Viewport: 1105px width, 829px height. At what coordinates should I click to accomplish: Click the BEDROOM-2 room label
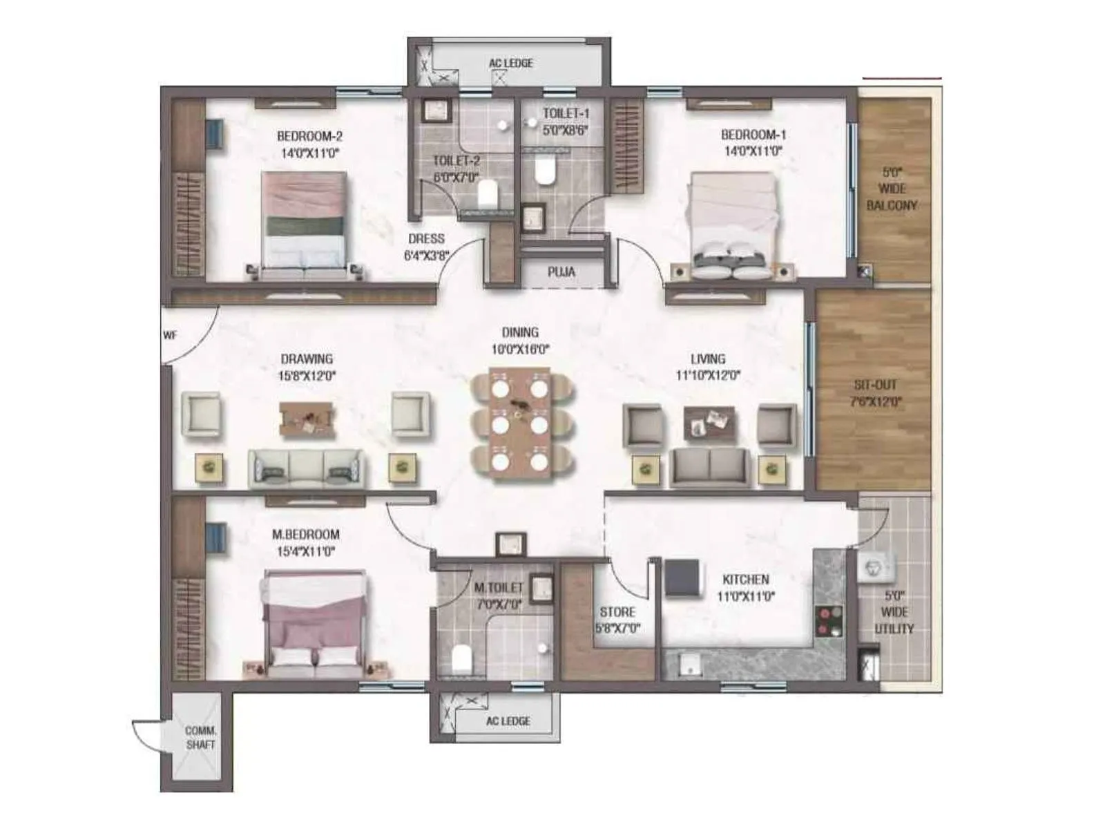point(309,136)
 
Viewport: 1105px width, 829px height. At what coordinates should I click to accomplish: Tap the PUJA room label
point(561,272)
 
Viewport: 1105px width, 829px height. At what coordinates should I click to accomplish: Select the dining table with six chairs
point(521,423)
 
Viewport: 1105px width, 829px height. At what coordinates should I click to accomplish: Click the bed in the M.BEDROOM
point(314,625)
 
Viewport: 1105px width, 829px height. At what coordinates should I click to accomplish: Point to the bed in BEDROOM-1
point(733,225)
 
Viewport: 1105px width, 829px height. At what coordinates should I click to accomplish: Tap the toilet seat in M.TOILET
point(461,659)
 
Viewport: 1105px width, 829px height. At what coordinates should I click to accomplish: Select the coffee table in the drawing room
point(307,419)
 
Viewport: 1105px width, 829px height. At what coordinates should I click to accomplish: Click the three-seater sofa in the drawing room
point(305,468)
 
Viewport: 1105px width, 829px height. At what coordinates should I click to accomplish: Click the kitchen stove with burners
point(828,620)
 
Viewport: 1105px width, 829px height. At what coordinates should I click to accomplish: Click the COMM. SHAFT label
point(200,737)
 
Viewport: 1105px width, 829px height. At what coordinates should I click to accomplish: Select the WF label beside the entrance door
point(170,336)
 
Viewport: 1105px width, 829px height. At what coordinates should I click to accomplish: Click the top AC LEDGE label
point(510,64)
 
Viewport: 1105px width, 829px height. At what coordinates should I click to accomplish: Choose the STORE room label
point(617,612)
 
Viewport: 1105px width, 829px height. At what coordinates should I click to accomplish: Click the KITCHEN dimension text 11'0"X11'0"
point(745,596)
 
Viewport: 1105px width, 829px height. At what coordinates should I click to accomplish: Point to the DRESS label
point(426,239)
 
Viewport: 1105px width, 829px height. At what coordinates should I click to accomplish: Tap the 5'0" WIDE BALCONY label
point(892,189)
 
